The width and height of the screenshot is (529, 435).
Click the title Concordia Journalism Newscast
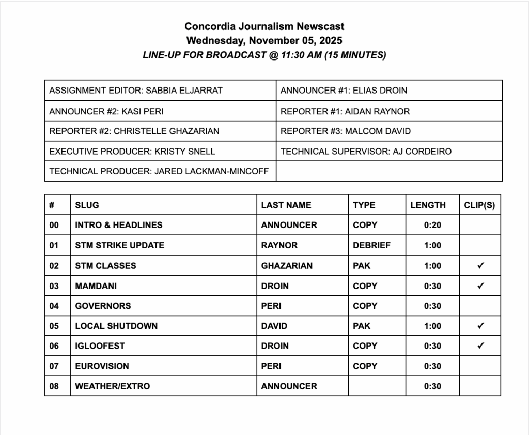click(264, 26)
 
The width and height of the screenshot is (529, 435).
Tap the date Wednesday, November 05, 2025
click(264, 40)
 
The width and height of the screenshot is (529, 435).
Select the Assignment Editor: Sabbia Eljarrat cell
click(136, 91)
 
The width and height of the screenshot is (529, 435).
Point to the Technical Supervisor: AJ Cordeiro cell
click(366, 152)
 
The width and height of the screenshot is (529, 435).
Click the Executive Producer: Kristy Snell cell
click(132, 152)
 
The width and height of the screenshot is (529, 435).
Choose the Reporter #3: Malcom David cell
click(346, 131)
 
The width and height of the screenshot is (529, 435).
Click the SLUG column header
click(87, 205)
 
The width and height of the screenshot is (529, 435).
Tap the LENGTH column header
click(428, 205)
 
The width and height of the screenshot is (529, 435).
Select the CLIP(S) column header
click(479, 205)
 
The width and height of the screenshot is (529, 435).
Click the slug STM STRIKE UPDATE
click(119, 245)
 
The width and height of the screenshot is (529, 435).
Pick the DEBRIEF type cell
click(371, 245)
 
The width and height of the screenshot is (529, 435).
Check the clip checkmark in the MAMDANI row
click(480, 286)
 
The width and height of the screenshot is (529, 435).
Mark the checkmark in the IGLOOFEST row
click(480, 346)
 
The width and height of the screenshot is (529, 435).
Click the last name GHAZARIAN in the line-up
click(287, 266)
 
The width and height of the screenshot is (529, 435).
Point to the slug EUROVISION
click(102, 366)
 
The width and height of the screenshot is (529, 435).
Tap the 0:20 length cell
click(432, 226)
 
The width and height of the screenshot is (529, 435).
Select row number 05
click(54, 326)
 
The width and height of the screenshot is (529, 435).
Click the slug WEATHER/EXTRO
click(112, 386)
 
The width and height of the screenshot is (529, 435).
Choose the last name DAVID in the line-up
click(274, 326)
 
